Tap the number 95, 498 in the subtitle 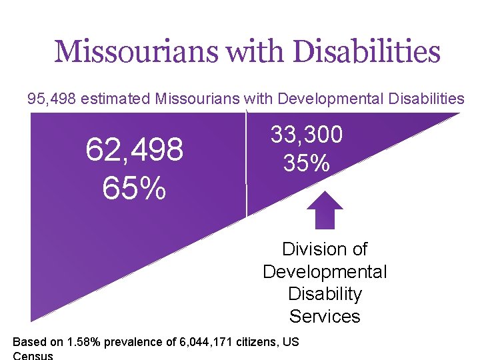[49, 99]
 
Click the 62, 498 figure [134, 151]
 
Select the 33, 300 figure [306, 135]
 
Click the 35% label [306, 163]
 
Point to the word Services [325, 316]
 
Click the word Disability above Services [325, 294]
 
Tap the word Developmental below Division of [325, 272]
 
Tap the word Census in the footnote [33, 355]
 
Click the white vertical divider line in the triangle [247, 167]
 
